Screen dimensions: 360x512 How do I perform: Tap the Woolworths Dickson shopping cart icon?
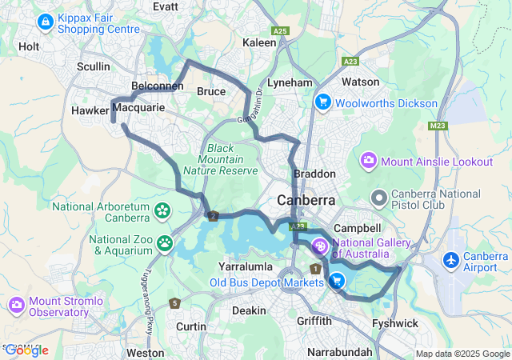[323, 102]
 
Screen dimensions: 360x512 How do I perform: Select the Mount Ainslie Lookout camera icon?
[369, 162]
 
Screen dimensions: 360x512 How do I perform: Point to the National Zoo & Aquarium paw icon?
[165, 242]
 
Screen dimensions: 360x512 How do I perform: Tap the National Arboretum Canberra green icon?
[163, 211]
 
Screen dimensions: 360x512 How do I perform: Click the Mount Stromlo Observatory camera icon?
[17, 305]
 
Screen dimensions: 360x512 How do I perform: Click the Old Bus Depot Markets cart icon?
[337, 281]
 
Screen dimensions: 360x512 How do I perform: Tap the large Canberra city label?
[306, 199]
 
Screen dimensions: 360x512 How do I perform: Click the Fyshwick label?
[395, 323]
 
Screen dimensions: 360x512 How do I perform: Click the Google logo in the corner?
[26, 350]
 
